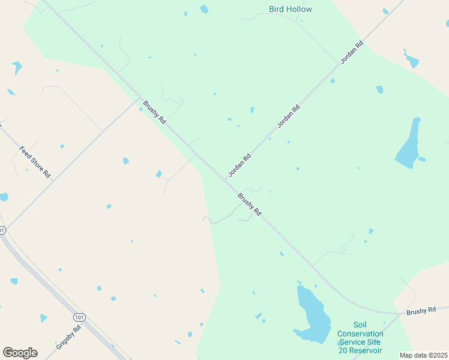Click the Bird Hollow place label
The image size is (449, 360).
click(291, 9)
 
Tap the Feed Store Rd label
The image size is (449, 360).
click(35, 161)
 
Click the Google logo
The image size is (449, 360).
click(20, 353)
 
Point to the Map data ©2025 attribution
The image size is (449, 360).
click(423, 355)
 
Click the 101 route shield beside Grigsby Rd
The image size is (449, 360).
click(79, 316)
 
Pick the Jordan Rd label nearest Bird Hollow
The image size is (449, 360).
click(352, 53)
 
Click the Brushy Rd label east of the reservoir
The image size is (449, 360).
click(420, 311)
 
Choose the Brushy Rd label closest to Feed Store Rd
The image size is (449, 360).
click(154, 112)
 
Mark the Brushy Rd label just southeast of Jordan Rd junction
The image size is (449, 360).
click(249, 204)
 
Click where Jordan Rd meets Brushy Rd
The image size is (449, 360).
click(224, 180)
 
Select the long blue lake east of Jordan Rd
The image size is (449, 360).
click(408, 144)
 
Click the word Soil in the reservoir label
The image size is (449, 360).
click(360, 325)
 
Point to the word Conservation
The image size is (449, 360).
click(360, 334)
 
